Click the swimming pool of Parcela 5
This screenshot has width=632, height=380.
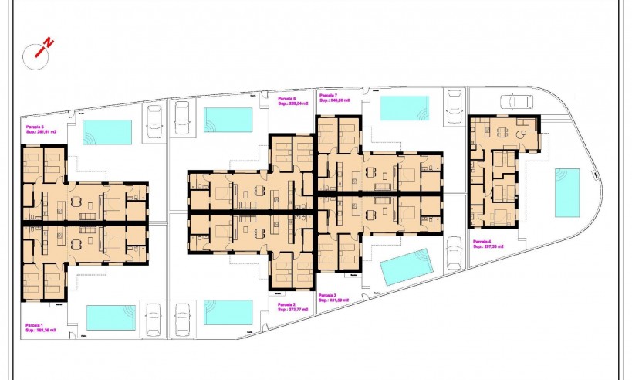coord(107,131)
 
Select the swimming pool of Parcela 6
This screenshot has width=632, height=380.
coord(228,119)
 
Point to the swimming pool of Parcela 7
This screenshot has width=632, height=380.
coord(404,107)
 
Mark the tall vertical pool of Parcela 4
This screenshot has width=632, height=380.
coord(567,192)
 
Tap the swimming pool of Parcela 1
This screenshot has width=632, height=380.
coord(110,317)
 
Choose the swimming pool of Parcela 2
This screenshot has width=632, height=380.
coord(228,312)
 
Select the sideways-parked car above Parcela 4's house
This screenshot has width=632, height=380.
coord(516,101)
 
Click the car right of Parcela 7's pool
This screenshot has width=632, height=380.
coord(455,106)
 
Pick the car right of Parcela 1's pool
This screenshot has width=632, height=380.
coord(154,319)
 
